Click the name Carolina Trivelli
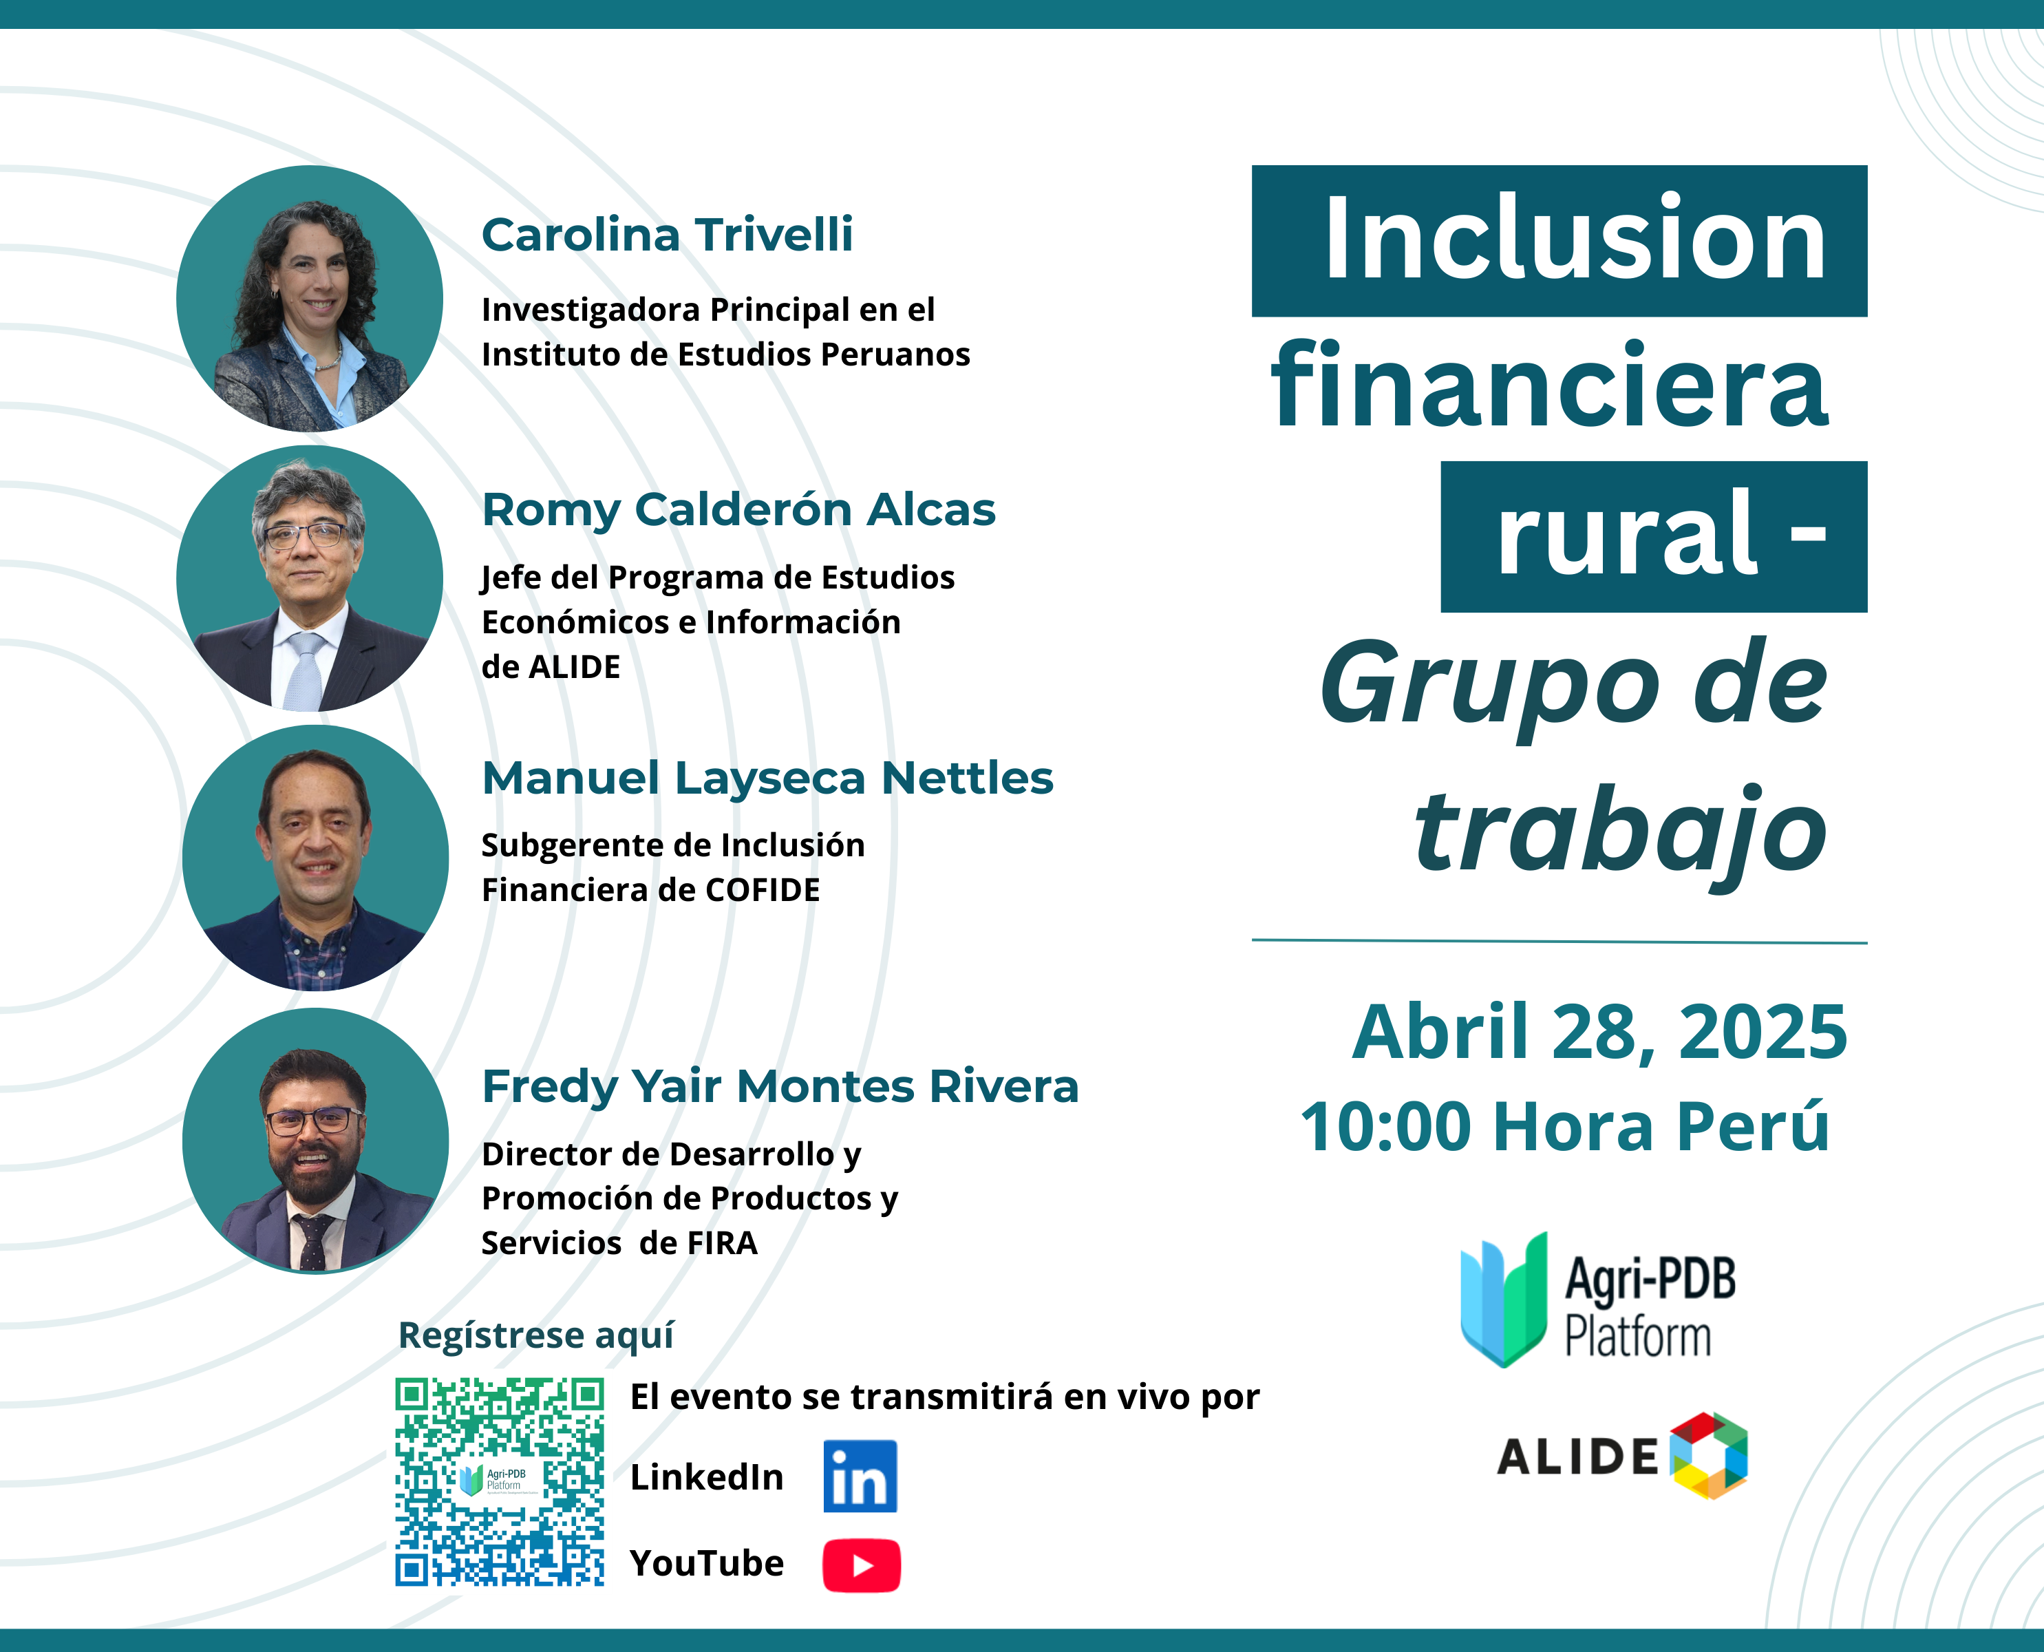coord(667,235)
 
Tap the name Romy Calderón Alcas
coord(738,510)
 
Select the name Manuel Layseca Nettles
coord(767,779)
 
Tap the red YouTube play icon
coord(861,1565)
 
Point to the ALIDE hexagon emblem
coord(1709,1456)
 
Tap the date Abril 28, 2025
coord(1599,1032)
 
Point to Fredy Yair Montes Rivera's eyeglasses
coord(314,1120)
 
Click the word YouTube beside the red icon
coord(707,1563)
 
